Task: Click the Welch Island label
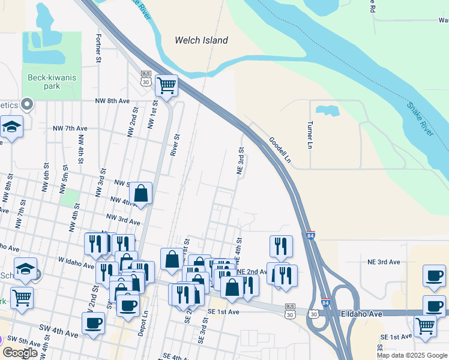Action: pos(201,40)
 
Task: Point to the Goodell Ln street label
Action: pos(280,150)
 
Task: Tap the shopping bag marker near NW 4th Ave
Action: pos(141,193)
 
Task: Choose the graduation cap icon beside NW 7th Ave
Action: pos(11,127)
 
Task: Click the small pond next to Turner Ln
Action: pos(327,110)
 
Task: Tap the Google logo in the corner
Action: pos(20,353)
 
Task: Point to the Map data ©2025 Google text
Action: pos(411,355)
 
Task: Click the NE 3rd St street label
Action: pos(241,161)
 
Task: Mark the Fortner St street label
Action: pos(98,47)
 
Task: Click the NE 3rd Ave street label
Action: pos(384,262)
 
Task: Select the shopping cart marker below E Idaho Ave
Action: pos(425,326)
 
